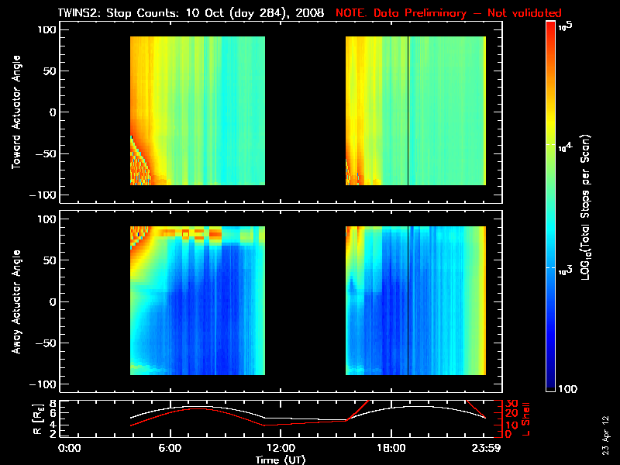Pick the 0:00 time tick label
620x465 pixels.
coord(70,447)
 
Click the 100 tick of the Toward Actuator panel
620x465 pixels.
coord(49,29)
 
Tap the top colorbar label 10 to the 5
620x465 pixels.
coord(565,26)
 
